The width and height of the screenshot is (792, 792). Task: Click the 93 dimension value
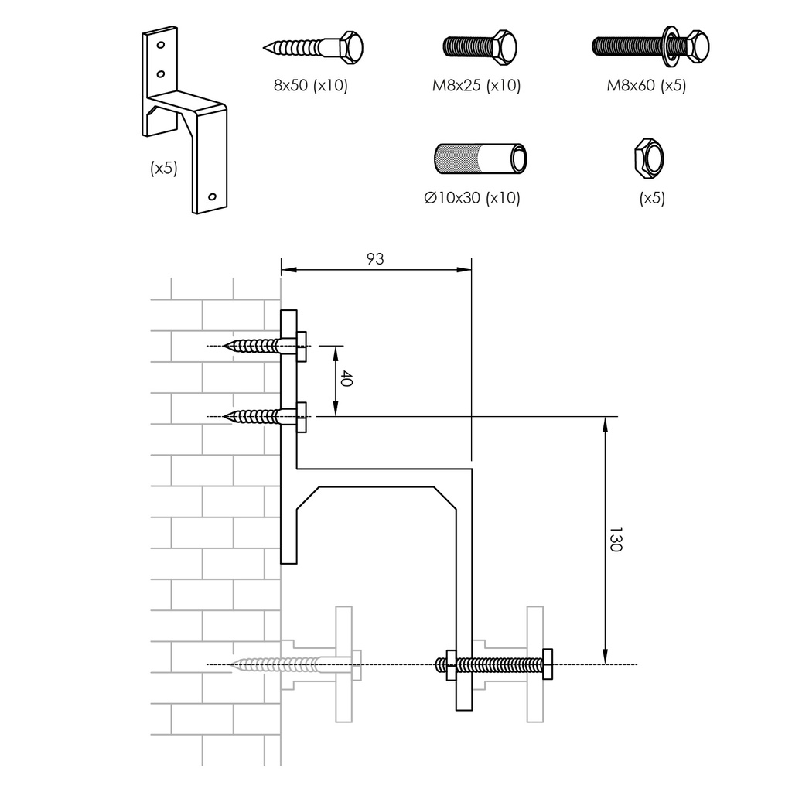pos(374,259)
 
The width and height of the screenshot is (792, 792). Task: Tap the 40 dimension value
pos(347,380)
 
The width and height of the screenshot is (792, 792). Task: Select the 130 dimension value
pos(615,540)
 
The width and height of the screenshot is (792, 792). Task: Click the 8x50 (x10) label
pos(311,85)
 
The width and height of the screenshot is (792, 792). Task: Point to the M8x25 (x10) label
pos(476,85)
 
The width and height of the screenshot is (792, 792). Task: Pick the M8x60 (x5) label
pos(646,85)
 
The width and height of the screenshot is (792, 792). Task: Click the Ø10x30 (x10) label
pos(472,198)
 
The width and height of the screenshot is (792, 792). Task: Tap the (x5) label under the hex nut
pos(652,198)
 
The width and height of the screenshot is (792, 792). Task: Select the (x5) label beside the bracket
pos(164,168)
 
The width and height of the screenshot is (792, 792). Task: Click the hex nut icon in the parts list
pos(648,157)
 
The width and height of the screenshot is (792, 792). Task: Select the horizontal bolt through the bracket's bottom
pos(495,665)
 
